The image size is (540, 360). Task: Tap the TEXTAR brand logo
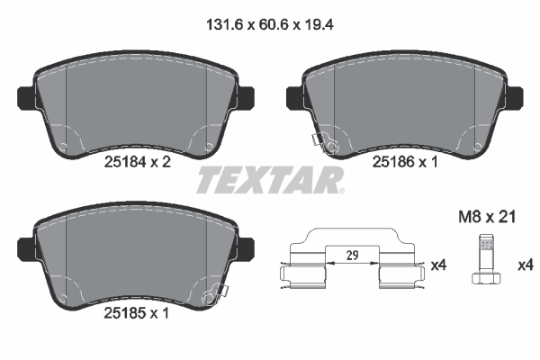(x=269, y=180)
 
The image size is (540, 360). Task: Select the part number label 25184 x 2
(x=137, y=163)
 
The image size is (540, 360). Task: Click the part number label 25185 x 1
(x=137, y=316)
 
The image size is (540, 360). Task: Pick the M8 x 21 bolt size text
(x=487, y=218)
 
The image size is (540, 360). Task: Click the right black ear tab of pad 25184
(x=246, y=94)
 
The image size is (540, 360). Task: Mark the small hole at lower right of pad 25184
(x=210, y=147)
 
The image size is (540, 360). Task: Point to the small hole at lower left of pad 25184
(x=64, y=147)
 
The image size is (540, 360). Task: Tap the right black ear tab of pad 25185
(x=246, y=246)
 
